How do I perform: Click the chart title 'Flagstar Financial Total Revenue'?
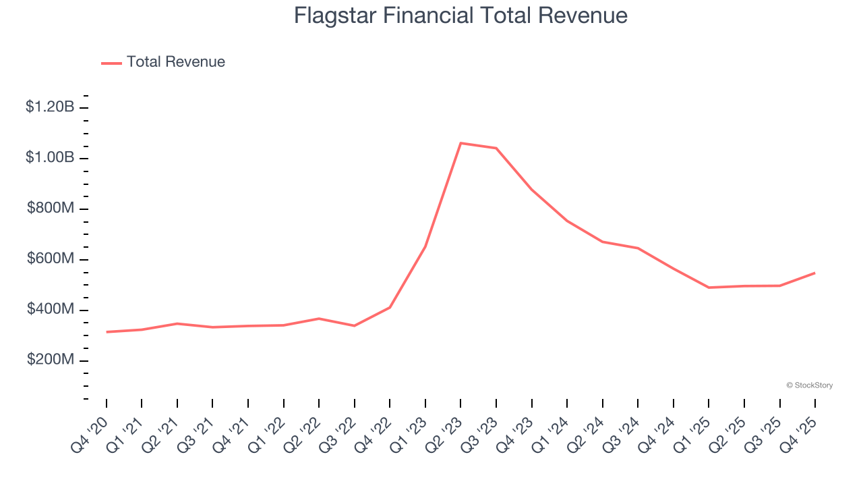[x=460, y=16]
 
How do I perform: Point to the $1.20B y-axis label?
[x=50, y=107]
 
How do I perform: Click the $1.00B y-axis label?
[x=50, y=157]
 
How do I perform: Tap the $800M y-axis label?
[x=51, y=208]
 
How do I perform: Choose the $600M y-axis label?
[x=51, y=259]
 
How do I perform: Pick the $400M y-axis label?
[x=51, y=309]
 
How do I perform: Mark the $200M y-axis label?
[x=51, y=360]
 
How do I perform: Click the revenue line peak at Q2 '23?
[x=460, y=143]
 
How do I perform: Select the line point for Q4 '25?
[x=814, y=273]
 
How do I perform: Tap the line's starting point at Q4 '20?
[x=107, y=331]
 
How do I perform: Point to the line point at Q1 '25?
[x=709, y=288]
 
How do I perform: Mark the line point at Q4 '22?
[x=390, y=308]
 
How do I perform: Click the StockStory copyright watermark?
[x=809, y=385]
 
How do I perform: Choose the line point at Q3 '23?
[x=496, y=148]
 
